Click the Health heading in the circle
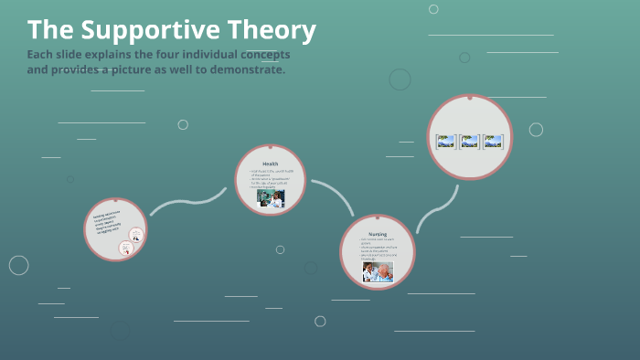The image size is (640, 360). pyautogui.click(x=270, y=164)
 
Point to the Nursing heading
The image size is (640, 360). pyautogui.click(x=378, y=234)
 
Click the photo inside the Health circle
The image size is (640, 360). pyautogui.click(x=271, y=198)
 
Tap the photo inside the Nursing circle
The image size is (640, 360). pyautogui.click(x=378, y=271)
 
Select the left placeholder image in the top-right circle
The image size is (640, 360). pyautogui.click(x=446, y=142)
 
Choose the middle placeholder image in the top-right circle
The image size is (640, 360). pyautogui.click(x=470, y=142)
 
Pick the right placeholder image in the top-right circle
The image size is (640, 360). pyautogui.click(x=494, y=142)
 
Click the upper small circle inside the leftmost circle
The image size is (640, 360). pyautogui.click(x=135, y=234)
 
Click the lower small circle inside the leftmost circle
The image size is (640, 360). pyautogui.click(x=128, y=247)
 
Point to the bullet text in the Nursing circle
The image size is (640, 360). pyautogui.click(x=378, y=249)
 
